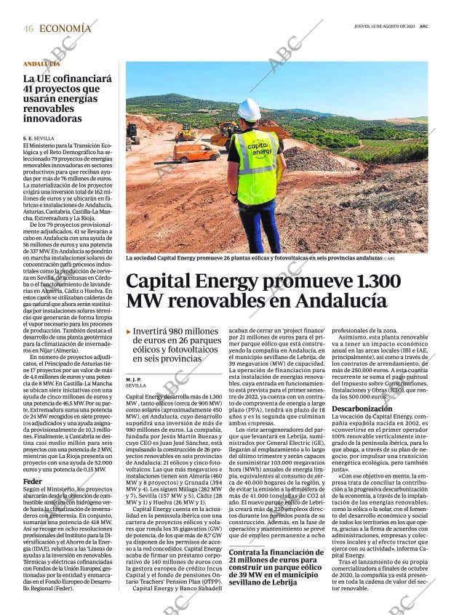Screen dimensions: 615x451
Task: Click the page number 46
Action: pyautogui.click(x=28, y=28)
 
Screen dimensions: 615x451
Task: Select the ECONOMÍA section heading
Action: pyautogui.click(x=65, y=28)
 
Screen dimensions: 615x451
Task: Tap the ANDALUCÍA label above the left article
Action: pyautogui.click(x=41, y=64)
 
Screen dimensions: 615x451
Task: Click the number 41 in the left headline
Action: pyautogui.click(x=32, y=89)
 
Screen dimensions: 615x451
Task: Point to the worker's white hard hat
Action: pyautogui.click(x=249, y=110)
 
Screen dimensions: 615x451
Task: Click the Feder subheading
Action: pyautogui.click(x=32, y=481)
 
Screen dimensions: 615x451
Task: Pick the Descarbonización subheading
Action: pyautogui.click(x=362, y=409)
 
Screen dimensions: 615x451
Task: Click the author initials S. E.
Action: pyautogui.click(x=28, y=137)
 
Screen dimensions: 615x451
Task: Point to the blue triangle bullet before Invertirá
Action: pyautogui.click(x=129, y=332)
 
